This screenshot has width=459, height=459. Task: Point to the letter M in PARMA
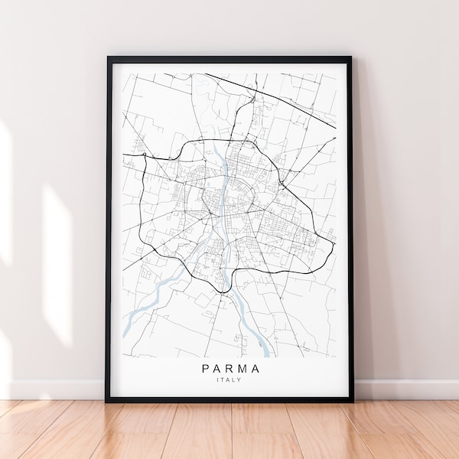click(243, 368)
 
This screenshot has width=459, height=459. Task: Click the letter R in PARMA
click(230, 368)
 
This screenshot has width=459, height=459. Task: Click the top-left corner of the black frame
click(108, 57)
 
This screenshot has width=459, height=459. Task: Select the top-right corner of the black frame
click(351, 57)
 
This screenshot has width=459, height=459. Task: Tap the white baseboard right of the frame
click(405, 389)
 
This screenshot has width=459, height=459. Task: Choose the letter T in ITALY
click(225, 380)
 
